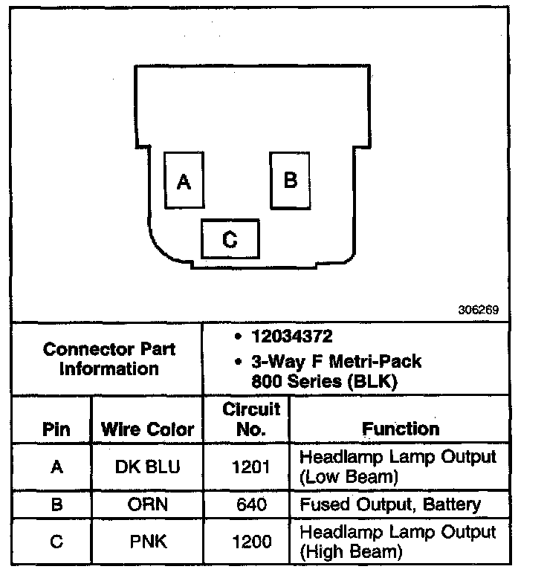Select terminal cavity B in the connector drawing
290,180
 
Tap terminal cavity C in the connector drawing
230,239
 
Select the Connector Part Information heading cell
109,358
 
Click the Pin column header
56,429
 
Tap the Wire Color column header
147,429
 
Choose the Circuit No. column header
251,418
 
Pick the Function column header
401,429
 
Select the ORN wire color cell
147,504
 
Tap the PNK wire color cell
147,542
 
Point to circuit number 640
251,504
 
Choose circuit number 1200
251,542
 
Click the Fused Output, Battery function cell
389,504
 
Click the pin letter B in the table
56,504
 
